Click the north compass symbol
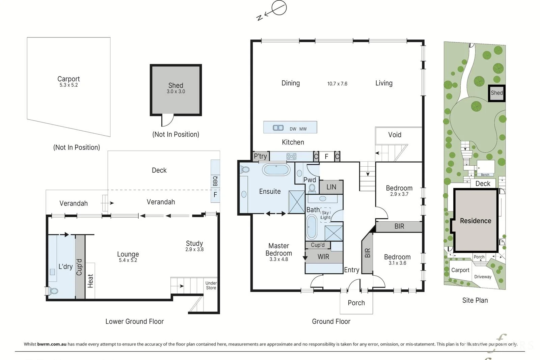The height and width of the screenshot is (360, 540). click(272, 10)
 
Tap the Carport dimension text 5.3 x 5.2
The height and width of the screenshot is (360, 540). click(69, 85)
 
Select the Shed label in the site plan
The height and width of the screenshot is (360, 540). click(496, 93)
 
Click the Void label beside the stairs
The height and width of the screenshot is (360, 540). click(395, 135)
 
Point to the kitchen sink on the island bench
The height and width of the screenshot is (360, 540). click(278, 128)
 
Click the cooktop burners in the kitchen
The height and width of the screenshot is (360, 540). click(291, 157)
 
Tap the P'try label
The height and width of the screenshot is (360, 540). click(260, 157)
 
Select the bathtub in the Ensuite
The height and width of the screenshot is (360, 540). click(276, 169)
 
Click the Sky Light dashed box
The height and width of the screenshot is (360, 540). click(325, 215)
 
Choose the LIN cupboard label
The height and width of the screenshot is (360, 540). click(331, 187)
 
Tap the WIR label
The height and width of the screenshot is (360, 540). click(323, 257)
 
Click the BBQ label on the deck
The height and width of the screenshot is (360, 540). click(215, 181)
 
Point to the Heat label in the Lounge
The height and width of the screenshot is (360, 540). click(90, 281)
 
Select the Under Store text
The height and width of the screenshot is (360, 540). click(211, 285)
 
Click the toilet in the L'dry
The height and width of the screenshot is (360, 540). click(53, 291)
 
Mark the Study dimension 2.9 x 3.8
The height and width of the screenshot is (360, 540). click(194, 250)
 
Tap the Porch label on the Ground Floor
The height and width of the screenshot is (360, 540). click(356, 303)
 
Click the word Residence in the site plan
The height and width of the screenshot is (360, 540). click(476, 221)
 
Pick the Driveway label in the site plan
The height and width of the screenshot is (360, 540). click(483, 277)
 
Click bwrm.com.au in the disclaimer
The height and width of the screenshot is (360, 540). click(52, 344)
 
